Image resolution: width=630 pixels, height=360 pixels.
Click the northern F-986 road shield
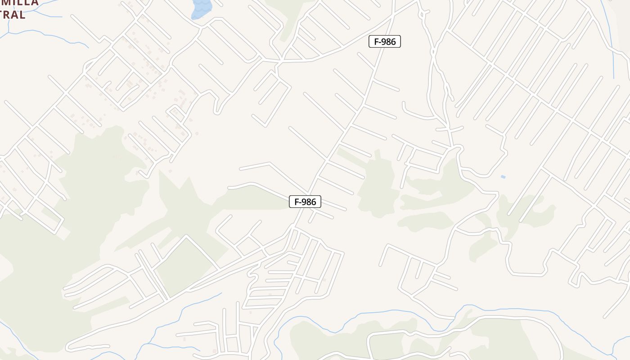(x=385, y=42)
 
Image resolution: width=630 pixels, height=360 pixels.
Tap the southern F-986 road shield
(x=305, y=202)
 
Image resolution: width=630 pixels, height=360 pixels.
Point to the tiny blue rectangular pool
(x=503, y=177)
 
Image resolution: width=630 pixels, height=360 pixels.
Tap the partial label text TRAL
(x=12, y=15)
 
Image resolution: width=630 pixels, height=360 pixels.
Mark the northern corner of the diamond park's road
(x=186, y=236)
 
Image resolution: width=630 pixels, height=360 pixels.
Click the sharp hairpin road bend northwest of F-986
(x=216, y=111)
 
